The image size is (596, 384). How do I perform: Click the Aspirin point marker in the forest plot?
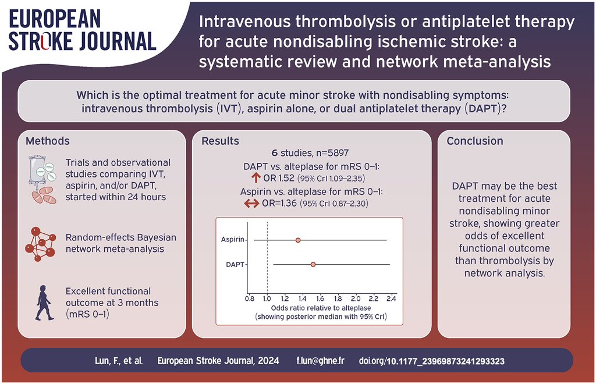tap(297, 240)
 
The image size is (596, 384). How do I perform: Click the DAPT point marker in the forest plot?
tap(313, 264)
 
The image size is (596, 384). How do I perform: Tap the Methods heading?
tap(48, 141)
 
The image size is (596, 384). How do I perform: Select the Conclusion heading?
tap(476, 141)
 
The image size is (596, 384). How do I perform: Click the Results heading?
tap(220, 141)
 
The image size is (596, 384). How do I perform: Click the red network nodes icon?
tap(40, 240)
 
